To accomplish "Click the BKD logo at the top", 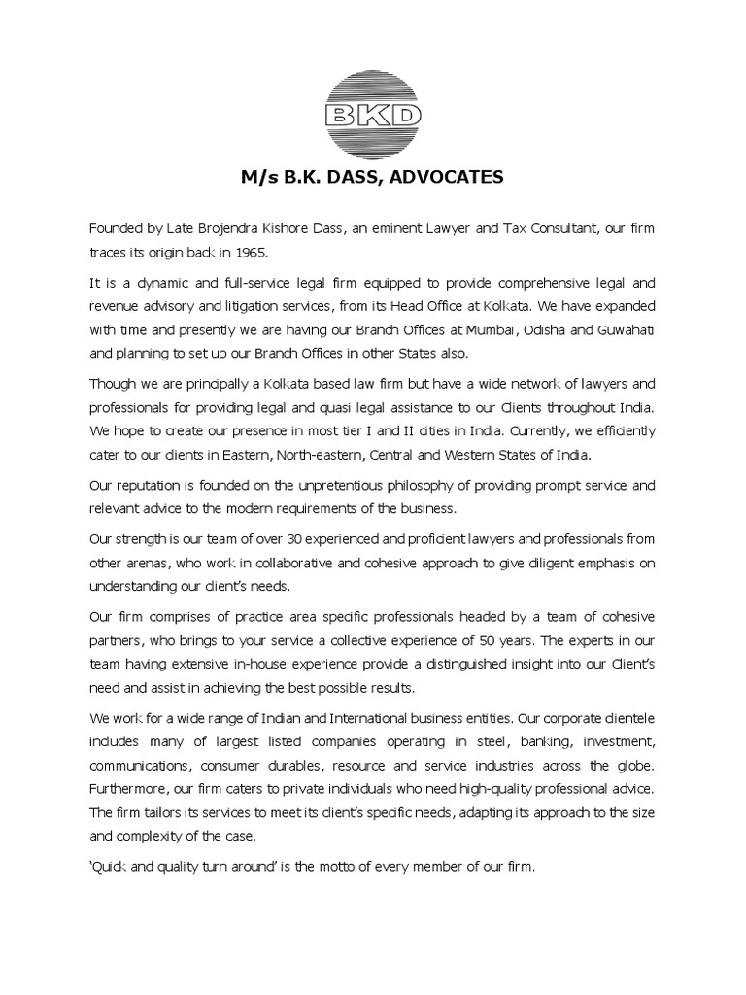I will [373, 115].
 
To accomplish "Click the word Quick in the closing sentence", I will [113, 864].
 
